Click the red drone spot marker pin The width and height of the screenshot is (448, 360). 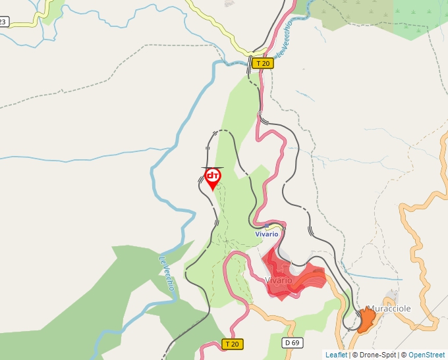212,178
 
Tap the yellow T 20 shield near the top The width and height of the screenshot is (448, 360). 263,63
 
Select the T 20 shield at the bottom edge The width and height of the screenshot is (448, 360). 233,344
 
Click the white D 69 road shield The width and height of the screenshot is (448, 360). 292,343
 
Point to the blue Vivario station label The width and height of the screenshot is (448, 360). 267,234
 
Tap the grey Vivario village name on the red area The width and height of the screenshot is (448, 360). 278,280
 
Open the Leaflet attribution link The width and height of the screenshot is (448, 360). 336,355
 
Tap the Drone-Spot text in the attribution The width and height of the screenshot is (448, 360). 376,355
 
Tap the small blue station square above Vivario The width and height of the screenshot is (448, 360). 266,226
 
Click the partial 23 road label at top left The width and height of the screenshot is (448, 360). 3,22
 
